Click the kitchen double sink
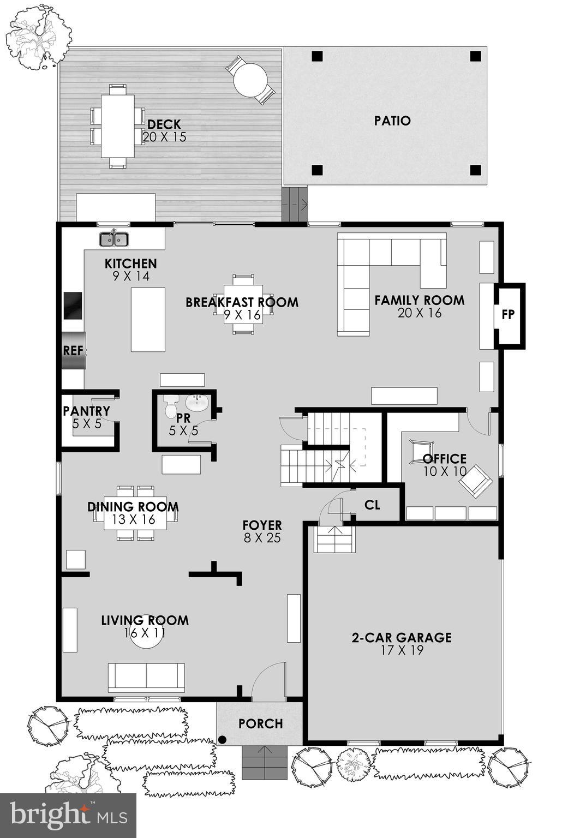(x=113, y=239)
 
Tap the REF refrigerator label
(x=73, y=350)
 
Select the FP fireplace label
(x=508, y=315)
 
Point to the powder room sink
(x=196, y=403)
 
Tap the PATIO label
(x=392, y=121)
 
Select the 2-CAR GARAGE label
(x=402, y=637)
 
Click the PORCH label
(x=261, y=723)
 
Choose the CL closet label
(x=372, y=505)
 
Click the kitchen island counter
(x=148, y=319)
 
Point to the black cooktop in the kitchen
(x=73, y=306)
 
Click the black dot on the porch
(x=223, y=740)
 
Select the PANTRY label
(x=86, y=411)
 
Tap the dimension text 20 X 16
(x=420, y=313)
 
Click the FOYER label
(x=262, y=525)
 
